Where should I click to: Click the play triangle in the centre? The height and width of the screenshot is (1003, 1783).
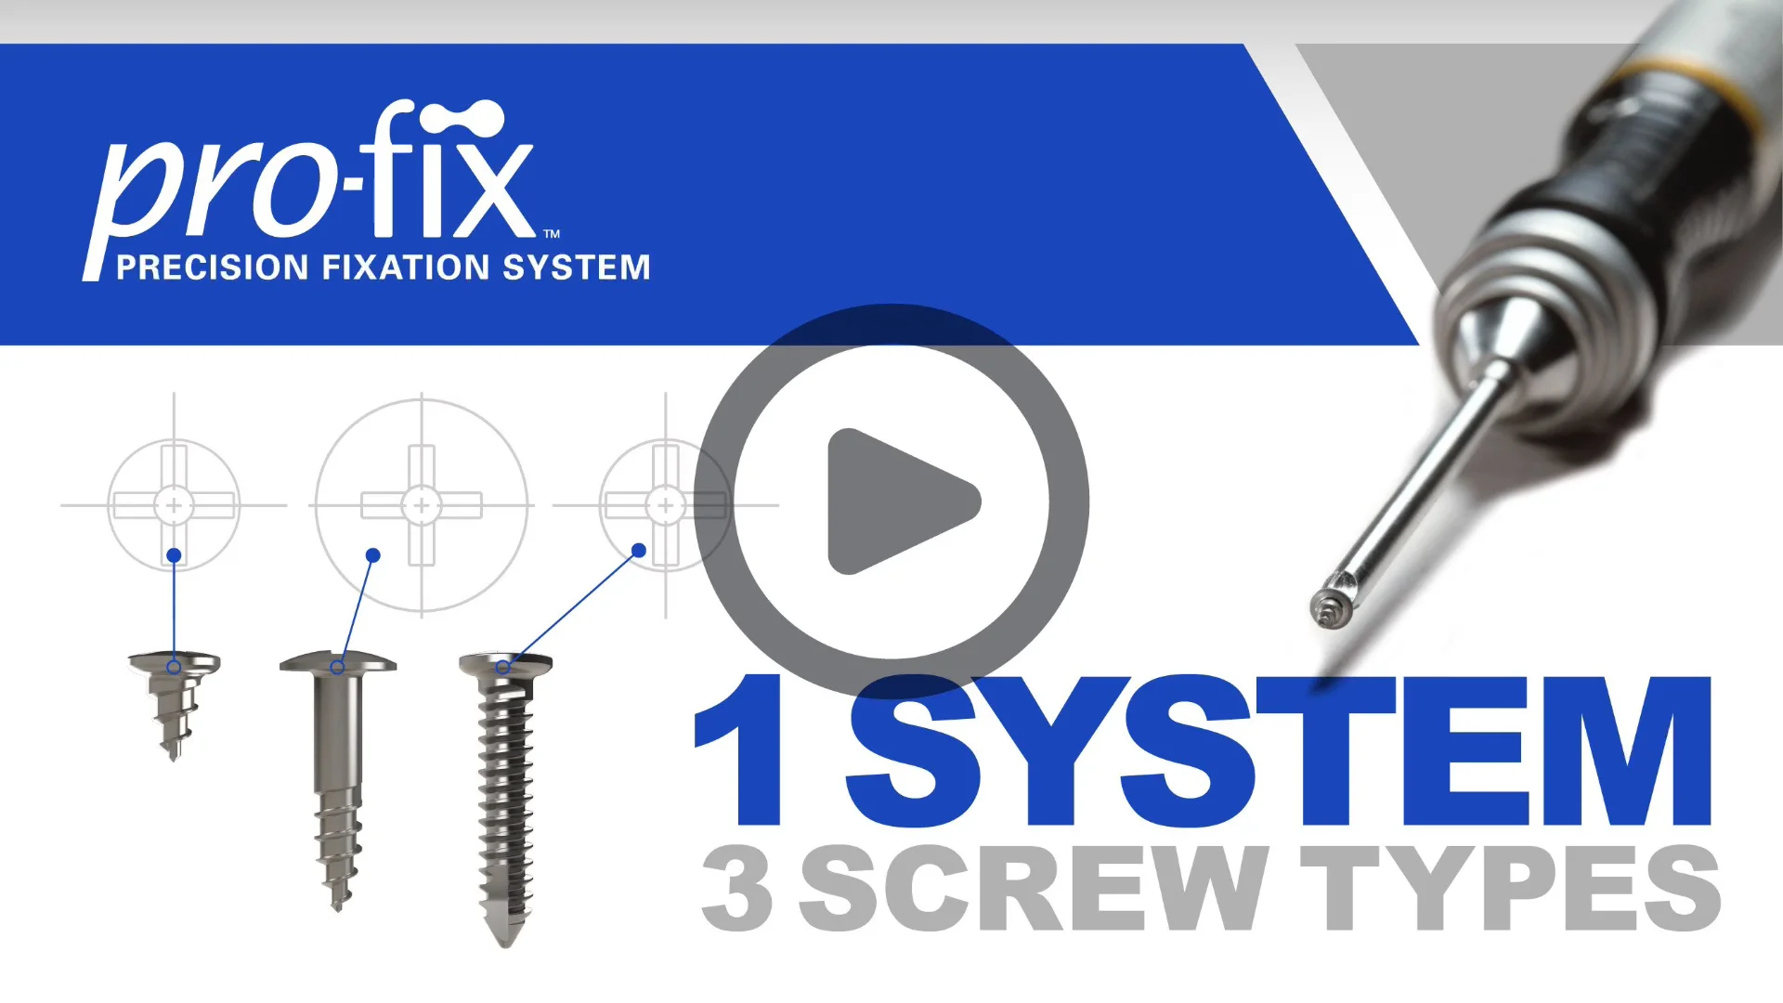pos(896,501)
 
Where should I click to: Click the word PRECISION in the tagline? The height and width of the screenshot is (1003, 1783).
pos(212,267)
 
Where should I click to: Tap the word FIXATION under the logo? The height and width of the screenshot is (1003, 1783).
pos(406,267)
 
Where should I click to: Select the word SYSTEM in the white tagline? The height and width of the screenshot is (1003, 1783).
pos(576,267)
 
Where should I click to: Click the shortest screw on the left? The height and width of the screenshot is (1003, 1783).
pos(174,701)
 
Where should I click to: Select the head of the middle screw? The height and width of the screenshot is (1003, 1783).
pos(338,662)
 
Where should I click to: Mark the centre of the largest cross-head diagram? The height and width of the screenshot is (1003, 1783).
pos(422,505)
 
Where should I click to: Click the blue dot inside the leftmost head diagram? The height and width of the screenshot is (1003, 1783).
pos(174,555)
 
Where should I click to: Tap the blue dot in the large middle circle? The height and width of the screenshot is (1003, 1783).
pos(373,555)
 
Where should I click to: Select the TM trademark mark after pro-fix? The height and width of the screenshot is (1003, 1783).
pos(552,234)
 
